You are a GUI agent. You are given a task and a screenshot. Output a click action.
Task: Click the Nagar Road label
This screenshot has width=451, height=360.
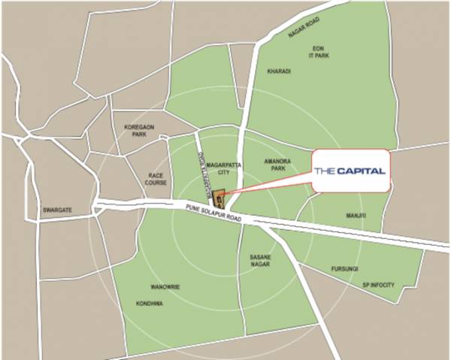click(304, 29)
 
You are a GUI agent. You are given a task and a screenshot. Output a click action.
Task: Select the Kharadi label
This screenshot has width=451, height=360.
click(278, 71)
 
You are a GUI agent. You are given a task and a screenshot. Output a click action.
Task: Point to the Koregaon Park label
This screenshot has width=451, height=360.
click(139, 131)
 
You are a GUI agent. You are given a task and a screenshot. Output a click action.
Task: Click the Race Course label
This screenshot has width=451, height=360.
click(156, 178)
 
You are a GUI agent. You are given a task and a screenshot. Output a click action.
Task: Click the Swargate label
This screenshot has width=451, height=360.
click(57, 210)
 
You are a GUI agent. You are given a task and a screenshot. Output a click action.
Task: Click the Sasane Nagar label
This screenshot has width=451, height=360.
click(260, 261)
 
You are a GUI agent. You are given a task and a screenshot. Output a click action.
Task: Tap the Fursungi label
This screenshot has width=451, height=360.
click(347, 269)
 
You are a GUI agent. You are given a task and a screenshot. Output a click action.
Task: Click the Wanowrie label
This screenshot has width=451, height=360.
click(165, 286)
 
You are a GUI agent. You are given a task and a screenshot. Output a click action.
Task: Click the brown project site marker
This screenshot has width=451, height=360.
click(219, 199)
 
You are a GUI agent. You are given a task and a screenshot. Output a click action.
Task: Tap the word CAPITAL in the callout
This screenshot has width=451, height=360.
click(361, 171)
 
